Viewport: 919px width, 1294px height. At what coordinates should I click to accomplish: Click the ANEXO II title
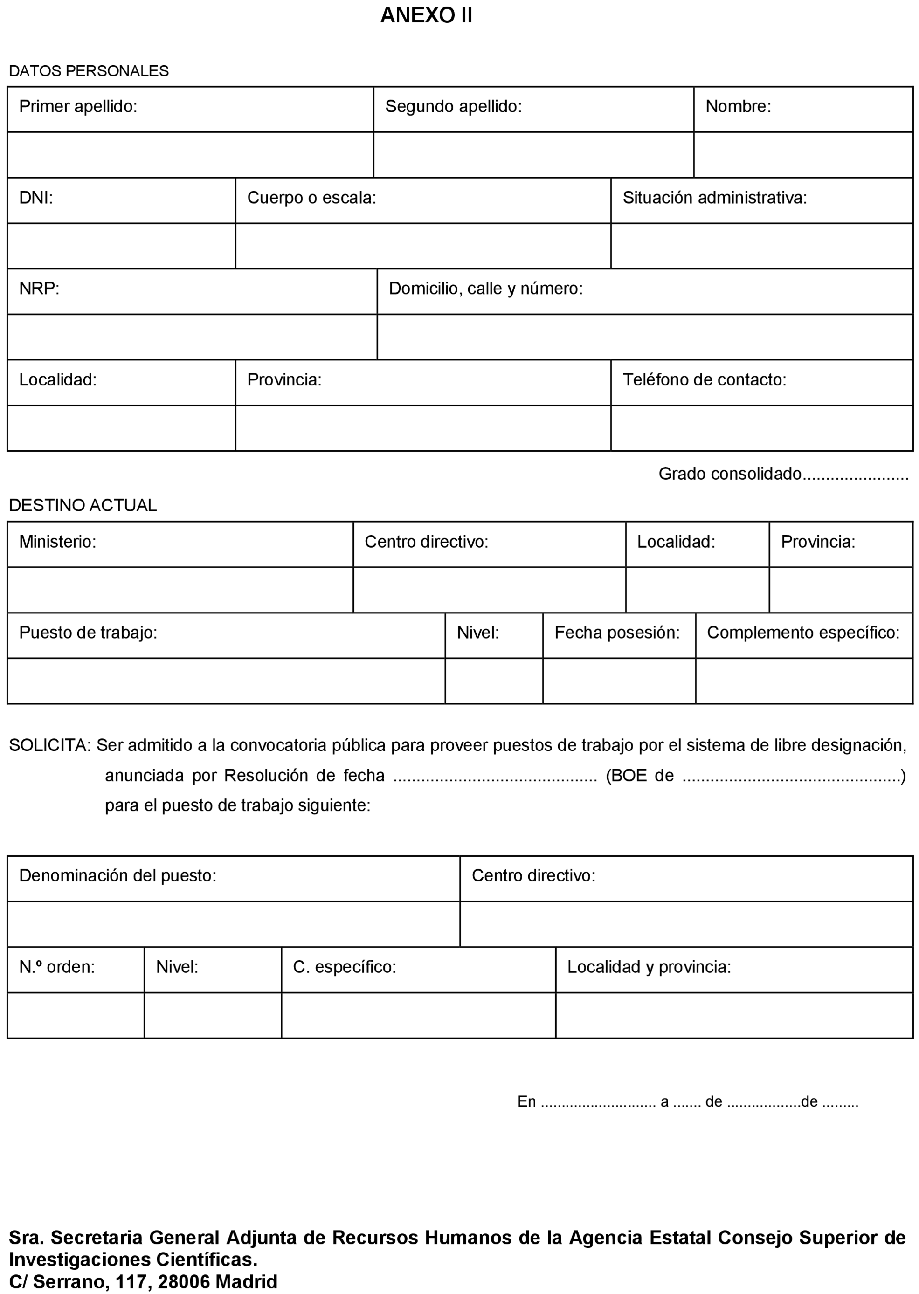(x=426, y=15)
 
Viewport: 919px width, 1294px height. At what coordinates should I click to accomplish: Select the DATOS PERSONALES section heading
(x=89, y=71)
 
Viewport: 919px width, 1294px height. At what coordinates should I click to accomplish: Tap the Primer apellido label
(x=78, y=106)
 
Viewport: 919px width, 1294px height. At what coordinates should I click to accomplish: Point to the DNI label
(x=35, y=198)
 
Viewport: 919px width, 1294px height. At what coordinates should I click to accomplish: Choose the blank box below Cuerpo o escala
(x=423, y=246)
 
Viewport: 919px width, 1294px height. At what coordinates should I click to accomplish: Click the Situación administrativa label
(x=714, y=198)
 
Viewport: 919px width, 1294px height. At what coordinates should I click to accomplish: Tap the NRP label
(x=39, y=289)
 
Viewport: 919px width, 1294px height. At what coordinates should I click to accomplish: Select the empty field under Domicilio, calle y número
(x=644, y=337)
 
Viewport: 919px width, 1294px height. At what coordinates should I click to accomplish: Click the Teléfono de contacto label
(x=704, y=379)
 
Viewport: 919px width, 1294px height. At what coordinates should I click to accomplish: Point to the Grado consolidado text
(x=729, y=474)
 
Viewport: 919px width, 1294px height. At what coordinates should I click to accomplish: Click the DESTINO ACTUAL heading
(x=83, y=505)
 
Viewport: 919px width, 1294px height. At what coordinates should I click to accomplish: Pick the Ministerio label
(x=58, y=542)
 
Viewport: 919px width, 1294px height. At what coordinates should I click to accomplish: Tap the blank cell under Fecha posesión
(x=619, y=681)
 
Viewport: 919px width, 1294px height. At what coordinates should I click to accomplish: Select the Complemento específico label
(x=803, y=633)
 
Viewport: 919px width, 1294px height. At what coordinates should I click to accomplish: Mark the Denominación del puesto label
(x=117, y=875)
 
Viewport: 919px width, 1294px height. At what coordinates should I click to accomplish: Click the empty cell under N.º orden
(x=75, y=1015)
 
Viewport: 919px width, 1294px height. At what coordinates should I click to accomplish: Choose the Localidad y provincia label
(x=649, y=967)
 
